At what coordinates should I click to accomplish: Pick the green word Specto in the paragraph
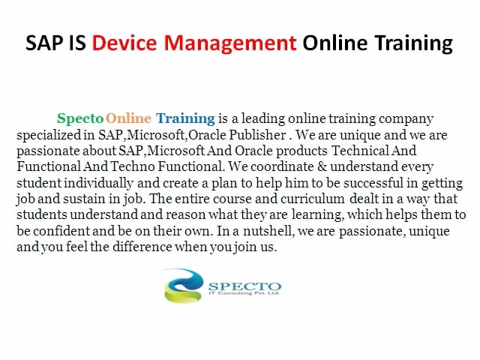[x=80, y=118]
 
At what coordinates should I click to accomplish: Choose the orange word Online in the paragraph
[x=129, y=118]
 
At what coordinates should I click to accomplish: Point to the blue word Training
[x=185, y=118]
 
